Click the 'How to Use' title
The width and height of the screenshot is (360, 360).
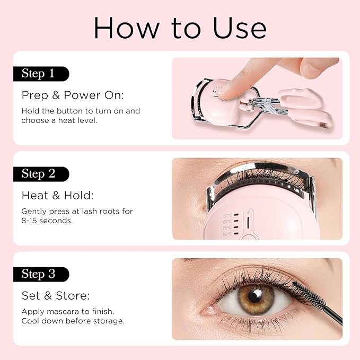(180, 28)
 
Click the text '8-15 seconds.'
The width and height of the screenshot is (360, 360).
(47, 221)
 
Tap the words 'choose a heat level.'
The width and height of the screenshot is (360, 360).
(59, 120)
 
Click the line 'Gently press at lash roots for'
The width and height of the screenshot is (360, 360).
(77, 211)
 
